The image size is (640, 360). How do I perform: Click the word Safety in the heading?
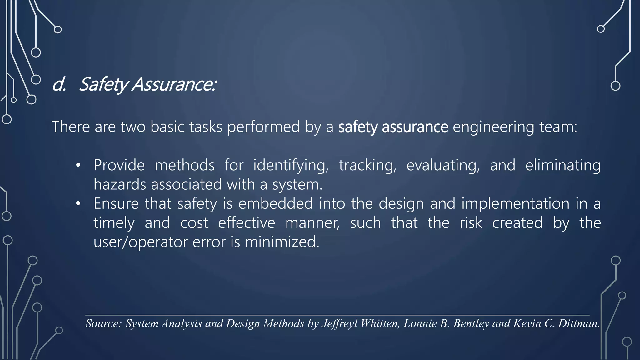click(103, 84)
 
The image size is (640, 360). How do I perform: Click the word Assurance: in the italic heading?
click(174, 84)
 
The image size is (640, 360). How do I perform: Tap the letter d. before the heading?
click(59, 84)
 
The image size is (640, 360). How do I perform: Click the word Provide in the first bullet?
click(119, 165)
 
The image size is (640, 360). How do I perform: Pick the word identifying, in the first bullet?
click(291, 165)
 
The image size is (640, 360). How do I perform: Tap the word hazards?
click(120, 184)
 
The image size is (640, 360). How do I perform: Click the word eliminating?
click(563, 165)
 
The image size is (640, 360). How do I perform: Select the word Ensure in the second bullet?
click(116, 203)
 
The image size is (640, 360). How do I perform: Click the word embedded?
click(275, 203)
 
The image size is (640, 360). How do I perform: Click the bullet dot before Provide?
click(78, 165)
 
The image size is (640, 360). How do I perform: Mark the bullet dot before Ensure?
click(78, 204)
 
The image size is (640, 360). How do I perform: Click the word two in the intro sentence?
click(133, 127)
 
